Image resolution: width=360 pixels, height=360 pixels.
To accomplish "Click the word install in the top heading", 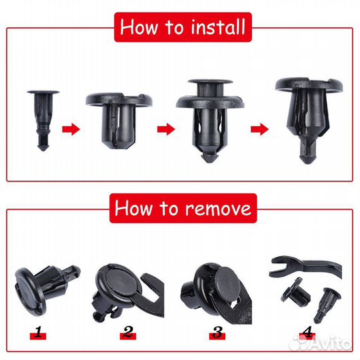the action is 218,27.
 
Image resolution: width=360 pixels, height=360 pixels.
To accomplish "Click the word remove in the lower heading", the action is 218,208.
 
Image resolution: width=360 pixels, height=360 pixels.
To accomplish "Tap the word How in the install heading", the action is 139,27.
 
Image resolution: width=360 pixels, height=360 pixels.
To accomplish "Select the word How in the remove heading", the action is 133,208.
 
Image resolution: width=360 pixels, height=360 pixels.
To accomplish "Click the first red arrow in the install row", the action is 71,129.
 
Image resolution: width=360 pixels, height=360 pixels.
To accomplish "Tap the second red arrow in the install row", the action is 166,129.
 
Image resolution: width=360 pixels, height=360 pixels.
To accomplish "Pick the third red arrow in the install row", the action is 259,129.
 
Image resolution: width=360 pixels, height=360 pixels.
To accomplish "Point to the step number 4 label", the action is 307,332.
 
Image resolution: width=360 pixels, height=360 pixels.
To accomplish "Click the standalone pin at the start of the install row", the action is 43,120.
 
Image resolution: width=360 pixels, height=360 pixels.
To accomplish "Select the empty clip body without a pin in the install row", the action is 119,120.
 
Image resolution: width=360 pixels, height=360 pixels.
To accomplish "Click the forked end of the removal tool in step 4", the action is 279,267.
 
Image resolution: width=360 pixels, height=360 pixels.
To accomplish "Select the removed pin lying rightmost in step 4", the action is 327,305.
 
